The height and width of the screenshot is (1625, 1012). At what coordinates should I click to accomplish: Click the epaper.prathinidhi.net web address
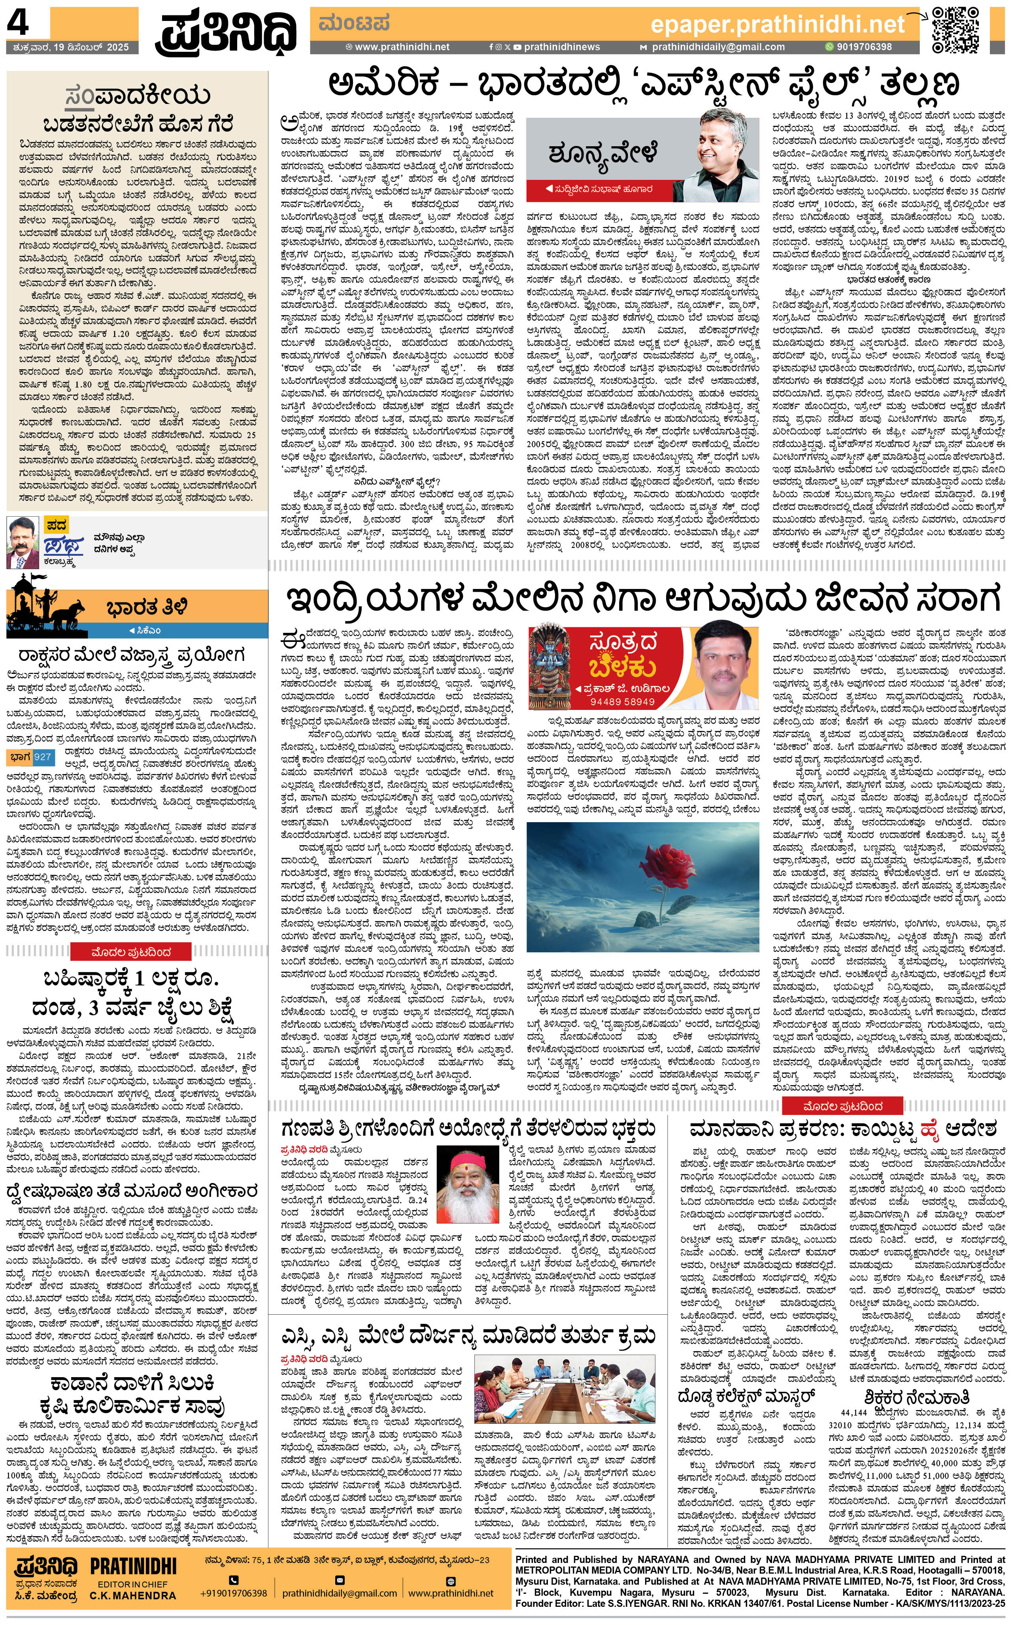pos(777,25)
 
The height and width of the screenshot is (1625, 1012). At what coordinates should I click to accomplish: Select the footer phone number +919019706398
pos(234,1593)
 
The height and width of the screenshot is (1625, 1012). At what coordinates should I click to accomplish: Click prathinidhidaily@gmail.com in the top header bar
pos(718,47)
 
